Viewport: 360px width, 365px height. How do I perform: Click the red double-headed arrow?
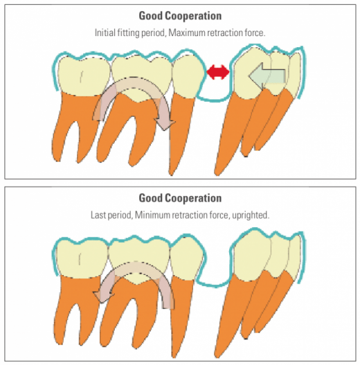(x=218, y=72)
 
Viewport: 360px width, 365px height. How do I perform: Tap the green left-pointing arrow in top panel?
(x=267, y=76)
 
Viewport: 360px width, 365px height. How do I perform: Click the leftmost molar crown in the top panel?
(x=83, y=75)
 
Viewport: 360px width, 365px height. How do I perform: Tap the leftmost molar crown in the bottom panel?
(x=82, y=258)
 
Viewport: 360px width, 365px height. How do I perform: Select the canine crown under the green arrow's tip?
(x=252, y=73)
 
